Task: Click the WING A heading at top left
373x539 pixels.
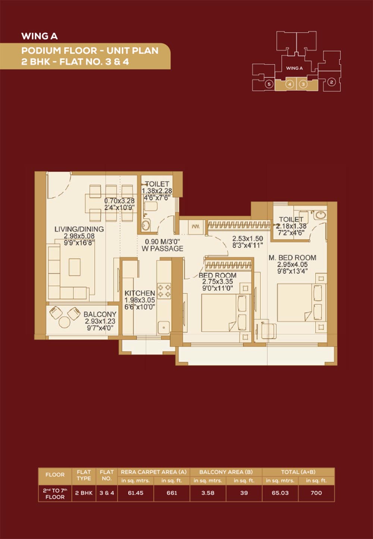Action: [40, 36]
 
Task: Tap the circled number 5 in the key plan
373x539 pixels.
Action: [269, 84]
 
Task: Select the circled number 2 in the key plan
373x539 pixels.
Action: [331, 82]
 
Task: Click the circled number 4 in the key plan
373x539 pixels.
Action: [290, 84]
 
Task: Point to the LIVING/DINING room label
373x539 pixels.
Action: [79, 229]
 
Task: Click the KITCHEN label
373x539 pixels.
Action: [140, 293]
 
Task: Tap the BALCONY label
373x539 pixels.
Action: [100, 314]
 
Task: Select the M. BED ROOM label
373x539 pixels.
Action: [292, 258]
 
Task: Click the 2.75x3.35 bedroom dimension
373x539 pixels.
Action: [217, 282]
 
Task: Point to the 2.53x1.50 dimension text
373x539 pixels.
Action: [247, 239]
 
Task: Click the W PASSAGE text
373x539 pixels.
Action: [162, 249]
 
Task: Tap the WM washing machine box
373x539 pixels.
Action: [195, 227]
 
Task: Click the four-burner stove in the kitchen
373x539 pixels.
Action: [164, 291]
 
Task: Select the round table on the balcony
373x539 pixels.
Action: [64, 322]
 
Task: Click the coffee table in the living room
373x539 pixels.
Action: [75, 267]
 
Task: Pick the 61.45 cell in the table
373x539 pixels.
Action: [136, 493]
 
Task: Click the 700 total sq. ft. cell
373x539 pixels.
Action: [316, 493]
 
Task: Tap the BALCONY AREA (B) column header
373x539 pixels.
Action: [226, 472]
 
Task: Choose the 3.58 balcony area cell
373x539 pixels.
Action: [208, 493]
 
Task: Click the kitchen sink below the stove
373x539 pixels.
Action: [164, 328]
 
